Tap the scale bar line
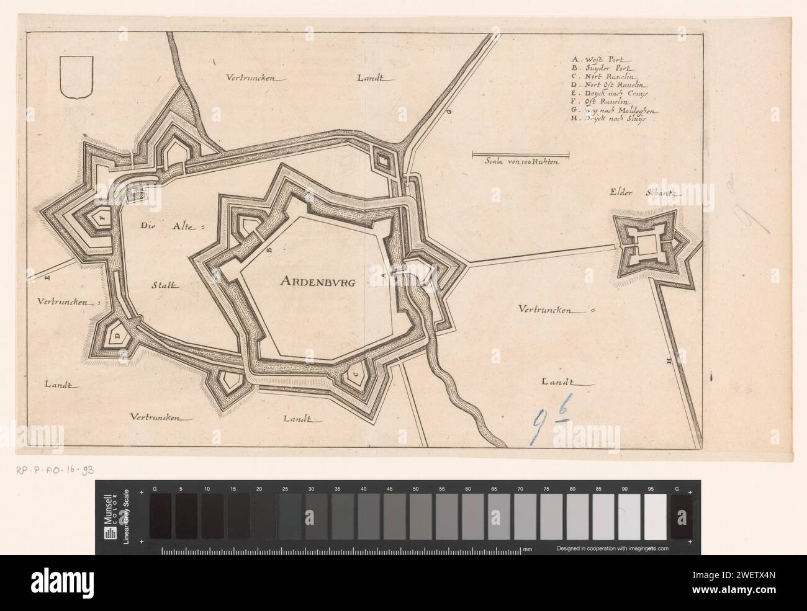(520, 153)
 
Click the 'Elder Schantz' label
(646, 193)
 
